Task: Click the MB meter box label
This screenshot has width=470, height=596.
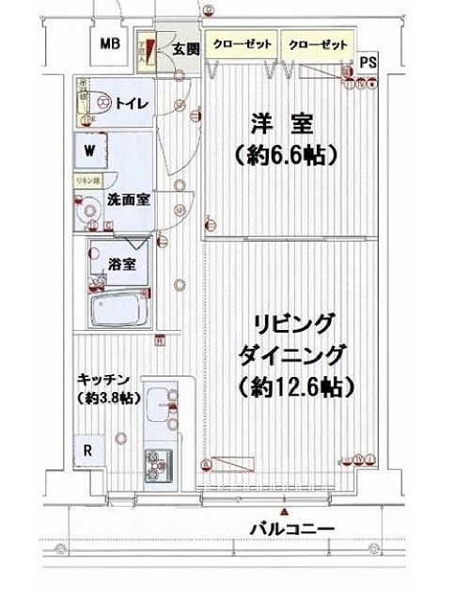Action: pos(111,44)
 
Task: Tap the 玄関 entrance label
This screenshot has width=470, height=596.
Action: pos(183,49)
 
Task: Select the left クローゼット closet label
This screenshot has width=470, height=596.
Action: pos(243,44)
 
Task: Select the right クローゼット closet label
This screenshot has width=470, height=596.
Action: pos(317,44)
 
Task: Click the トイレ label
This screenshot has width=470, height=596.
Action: pos(129,105)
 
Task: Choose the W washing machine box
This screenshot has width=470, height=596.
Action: pos(91,150)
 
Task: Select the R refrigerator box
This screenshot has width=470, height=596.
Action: pos(87,450)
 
